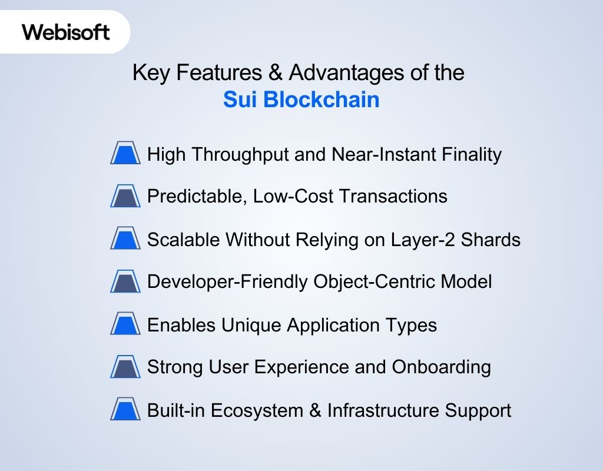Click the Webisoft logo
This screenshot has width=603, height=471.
coord(66,32)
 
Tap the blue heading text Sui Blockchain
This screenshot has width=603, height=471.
coord(301,99)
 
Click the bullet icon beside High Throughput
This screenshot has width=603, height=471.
coord(125,154)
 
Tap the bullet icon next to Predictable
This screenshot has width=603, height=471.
coord(125,196)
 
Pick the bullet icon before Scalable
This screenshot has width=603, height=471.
coord(125,240)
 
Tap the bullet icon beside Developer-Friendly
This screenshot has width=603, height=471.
coord(125,282)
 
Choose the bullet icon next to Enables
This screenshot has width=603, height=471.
coord(125,325)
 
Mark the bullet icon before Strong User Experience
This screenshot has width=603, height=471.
coord(125,367)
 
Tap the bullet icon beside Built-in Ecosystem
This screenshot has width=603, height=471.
coord(125,410)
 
